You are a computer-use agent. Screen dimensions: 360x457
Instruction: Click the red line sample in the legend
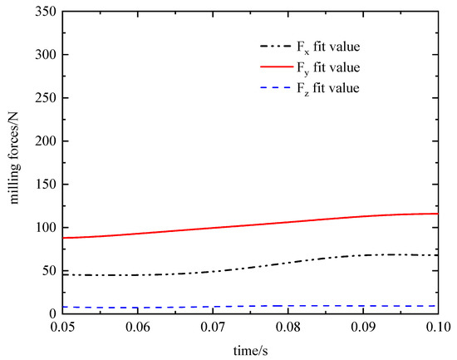coord(276,67)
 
